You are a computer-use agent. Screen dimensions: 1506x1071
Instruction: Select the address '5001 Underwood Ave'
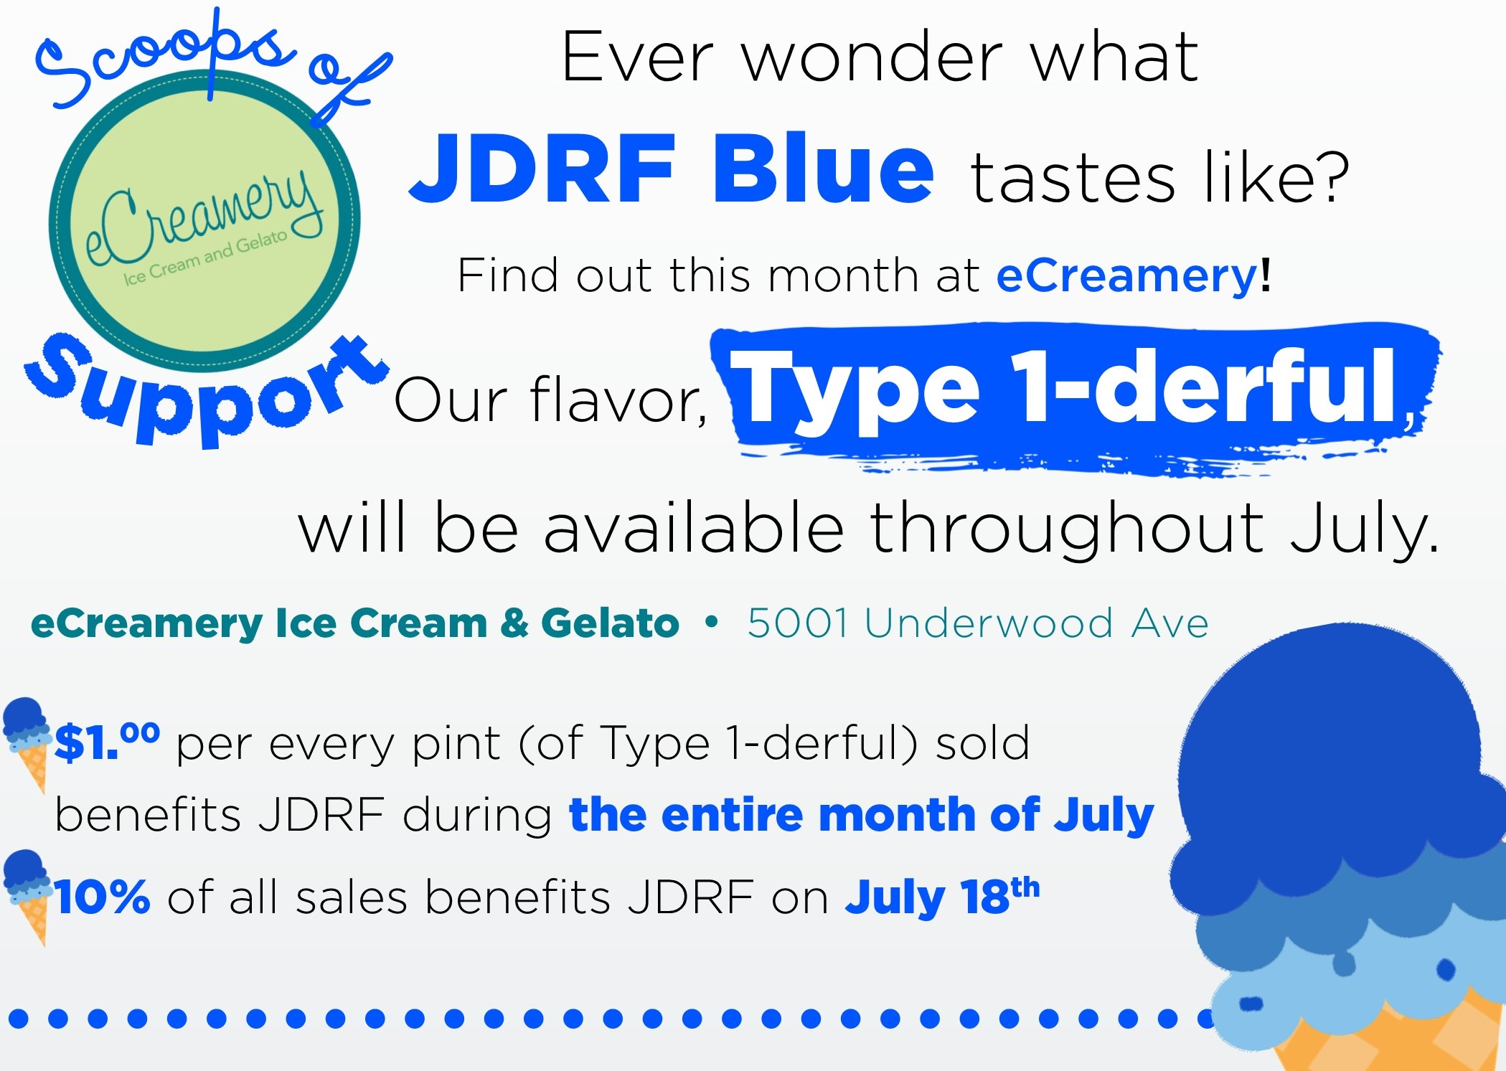point(978,623)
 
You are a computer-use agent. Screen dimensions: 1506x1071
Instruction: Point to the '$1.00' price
point(107,741)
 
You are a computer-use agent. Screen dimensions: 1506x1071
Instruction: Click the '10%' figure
point(102,897)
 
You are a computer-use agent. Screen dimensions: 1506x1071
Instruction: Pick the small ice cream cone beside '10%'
point(27,897)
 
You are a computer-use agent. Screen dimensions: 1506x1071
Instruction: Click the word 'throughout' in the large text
point(1067,531)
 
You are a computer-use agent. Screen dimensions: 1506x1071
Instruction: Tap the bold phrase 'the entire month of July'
point(861,816)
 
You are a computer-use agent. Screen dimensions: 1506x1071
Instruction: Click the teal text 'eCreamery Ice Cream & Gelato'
point(354,623)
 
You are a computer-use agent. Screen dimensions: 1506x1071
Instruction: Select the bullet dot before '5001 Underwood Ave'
point(711,622)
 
